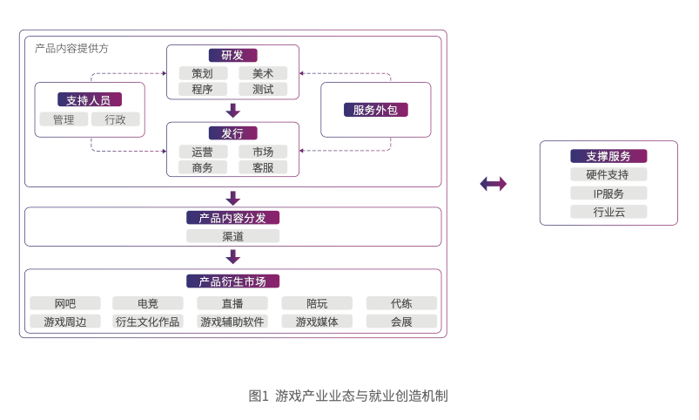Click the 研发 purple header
232,55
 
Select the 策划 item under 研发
203,73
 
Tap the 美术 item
263,73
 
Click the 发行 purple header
232,133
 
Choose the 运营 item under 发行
203,152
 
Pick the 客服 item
263,167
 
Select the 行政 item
116,119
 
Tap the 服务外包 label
375,110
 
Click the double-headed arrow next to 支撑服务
493,184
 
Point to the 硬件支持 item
608,174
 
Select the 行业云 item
608,212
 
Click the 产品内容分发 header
232,218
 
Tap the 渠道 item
232,236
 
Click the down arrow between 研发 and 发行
232,111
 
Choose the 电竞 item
148,303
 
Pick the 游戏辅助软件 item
232,322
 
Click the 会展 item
401,322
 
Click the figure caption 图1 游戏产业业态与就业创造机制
348,396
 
